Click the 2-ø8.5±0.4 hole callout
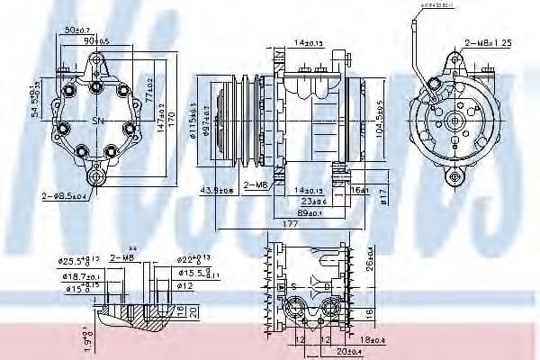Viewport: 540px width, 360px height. click(66, 194)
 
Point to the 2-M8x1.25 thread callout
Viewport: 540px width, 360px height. click(488, 42)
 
